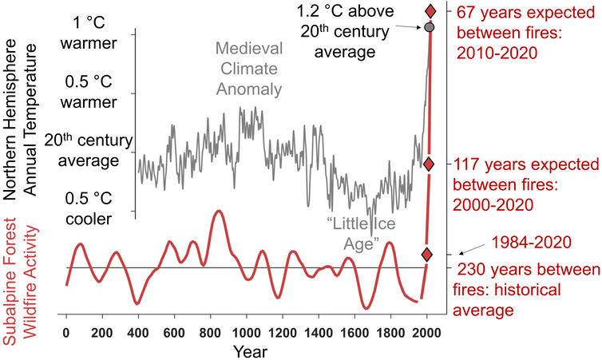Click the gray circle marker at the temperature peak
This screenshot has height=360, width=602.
[x=430, y=28]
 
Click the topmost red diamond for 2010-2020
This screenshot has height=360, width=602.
[x=430, y=11]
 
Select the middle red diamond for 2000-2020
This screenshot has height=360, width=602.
[x=429, y=164]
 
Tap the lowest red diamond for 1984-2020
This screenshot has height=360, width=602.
[x=427, y=255]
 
